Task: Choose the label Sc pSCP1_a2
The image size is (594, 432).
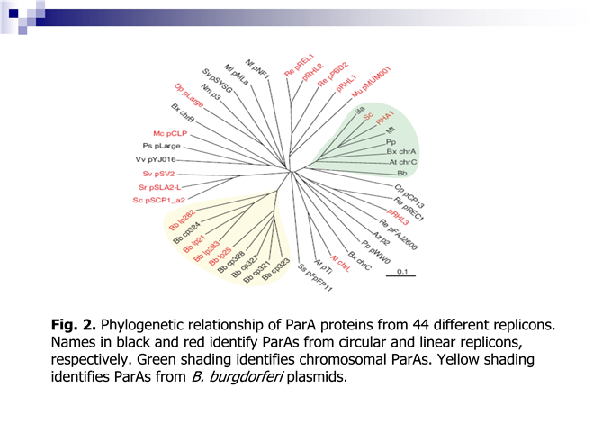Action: click(158, 199)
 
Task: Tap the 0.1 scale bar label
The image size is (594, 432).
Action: click(403, 271)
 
